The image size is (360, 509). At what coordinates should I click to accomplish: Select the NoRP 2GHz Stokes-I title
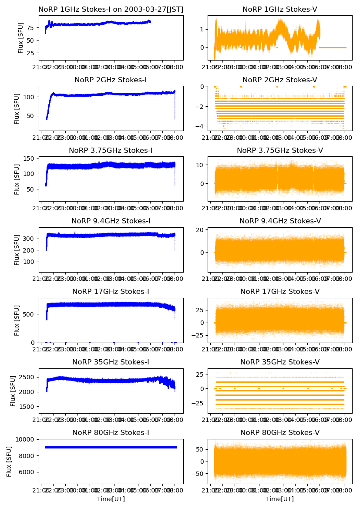click(x=111, y=80)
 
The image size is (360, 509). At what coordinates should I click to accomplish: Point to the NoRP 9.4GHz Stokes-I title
click(x=111, y=221)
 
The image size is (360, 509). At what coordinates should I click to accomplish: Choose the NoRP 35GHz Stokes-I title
click(x=111, y=362)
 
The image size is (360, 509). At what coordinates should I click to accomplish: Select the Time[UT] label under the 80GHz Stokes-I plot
click(x=111, y=499)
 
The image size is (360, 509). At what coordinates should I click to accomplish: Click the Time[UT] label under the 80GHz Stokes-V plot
click(x=280, y=499)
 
